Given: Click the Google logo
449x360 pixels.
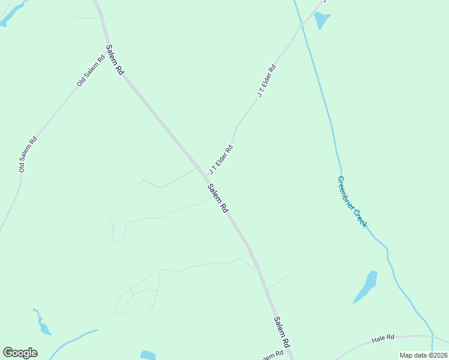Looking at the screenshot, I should click(20, 353).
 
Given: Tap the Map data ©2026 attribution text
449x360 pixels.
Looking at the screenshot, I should click(423, 355).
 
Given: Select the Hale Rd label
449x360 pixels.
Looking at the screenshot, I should click(382, 339).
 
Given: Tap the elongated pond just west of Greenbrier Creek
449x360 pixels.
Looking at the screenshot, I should click(366, 286).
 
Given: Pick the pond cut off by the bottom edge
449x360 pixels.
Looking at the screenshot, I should click(148, 355).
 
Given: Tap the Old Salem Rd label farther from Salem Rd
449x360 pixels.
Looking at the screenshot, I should click(28, 155).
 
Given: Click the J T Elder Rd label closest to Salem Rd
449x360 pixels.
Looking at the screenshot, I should click(221, 159).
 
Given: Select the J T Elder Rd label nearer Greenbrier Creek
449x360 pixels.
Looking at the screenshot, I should click(266, 80).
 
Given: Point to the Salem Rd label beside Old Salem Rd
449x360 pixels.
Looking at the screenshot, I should click(115, 59).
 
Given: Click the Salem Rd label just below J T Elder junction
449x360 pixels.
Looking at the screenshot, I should click(218, 198).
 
